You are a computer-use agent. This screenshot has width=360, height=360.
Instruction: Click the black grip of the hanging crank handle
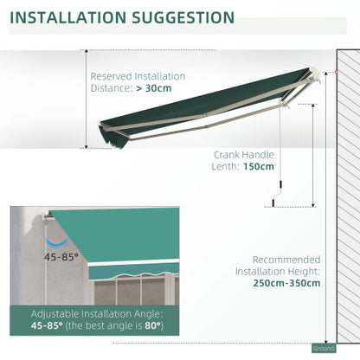(x=271, y=204)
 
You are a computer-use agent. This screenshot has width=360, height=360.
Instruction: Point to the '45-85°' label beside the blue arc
(x=60, y=258)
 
